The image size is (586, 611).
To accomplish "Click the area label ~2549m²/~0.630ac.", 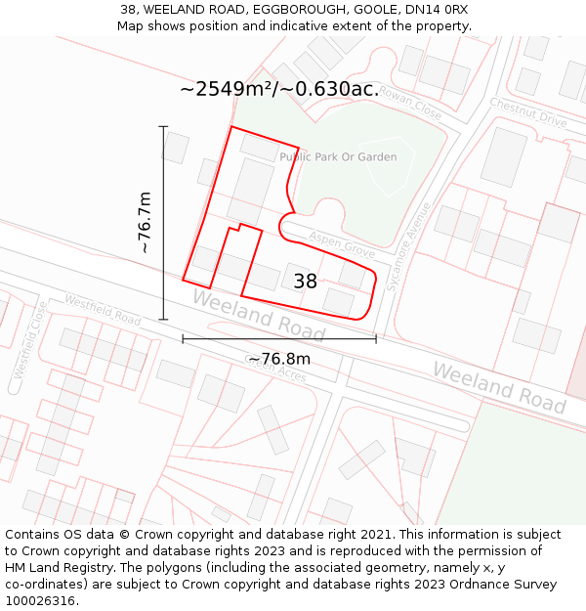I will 279,89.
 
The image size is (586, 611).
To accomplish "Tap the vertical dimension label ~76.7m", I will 145,223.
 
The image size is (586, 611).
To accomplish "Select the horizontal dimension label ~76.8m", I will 278,359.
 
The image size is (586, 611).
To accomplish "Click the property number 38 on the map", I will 305,282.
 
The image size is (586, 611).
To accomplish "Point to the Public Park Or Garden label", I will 338,156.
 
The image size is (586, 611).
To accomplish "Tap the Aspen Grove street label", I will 342,243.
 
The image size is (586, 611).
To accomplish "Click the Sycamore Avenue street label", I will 410,242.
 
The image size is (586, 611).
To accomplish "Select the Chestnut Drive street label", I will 528,112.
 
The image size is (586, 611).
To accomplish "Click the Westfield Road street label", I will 103,309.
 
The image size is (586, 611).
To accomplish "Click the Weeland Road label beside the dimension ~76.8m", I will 258,315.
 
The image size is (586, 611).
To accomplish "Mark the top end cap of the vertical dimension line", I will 163,127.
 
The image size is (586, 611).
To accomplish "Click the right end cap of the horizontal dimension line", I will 376,339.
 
